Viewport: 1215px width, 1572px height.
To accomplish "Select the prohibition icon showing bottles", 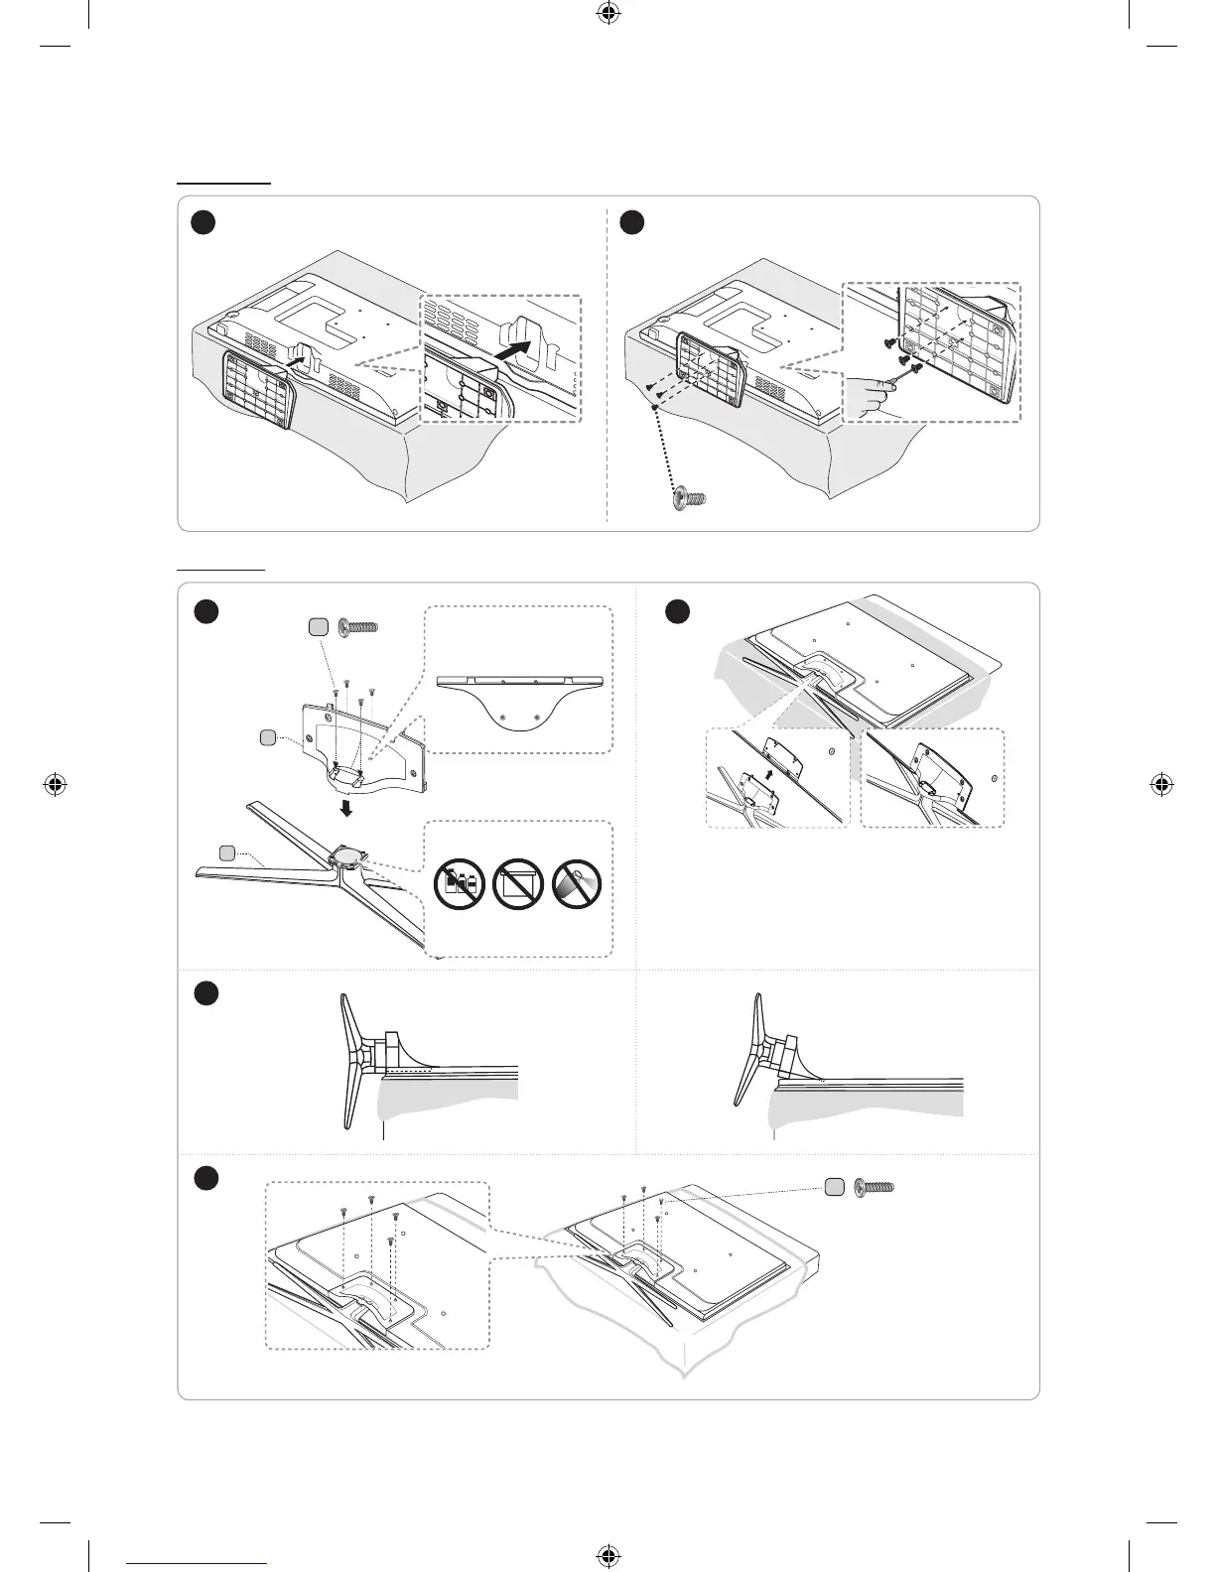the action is pos(458,882).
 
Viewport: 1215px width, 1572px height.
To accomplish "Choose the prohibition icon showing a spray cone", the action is pos(577,882).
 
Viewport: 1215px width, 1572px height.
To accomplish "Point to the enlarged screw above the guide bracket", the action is pos(360,627).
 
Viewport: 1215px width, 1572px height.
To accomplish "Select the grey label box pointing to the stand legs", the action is pos(227,851).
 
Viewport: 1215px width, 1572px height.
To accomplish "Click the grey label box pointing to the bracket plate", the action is pos(267,736).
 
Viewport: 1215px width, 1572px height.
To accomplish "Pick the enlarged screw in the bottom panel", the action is pos(874,1187).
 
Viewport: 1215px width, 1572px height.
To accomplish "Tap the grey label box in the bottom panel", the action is pos(835,1187).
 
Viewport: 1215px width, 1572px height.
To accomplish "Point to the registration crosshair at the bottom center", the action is pos(607,1556).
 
